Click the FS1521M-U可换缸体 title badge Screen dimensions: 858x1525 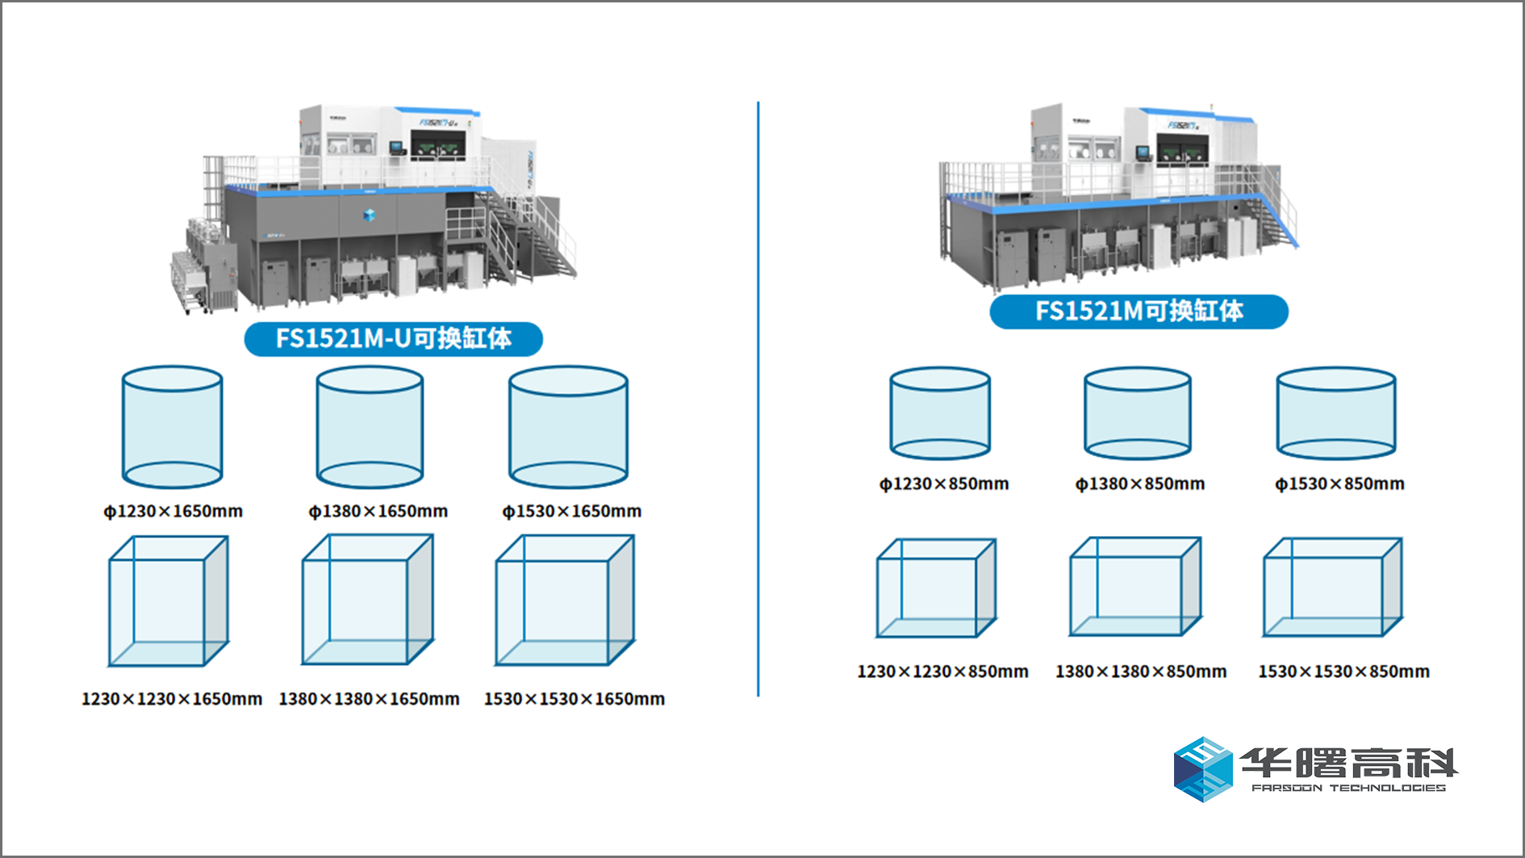click(393, 338)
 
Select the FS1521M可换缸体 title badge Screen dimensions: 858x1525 click(1139, 312)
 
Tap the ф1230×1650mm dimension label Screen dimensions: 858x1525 click(173, 512)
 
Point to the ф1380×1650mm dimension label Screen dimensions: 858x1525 click(378, 512)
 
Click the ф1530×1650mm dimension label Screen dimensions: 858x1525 click(571, 512)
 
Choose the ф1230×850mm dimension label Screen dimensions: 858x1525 click(944, 484)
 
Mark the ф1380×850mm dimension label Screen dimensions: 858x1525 click(1139, 484)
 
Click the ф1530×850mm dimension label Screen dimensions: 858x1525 click(1339, 484)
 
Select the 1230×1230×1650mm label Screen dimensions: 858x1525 click(172, 699)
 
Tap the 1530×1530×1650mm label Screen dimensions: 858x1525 click(574, 699)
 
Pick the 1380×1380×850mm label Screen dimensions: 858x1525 click(1141, 672)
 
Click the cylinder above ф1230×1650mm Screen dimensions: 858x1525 click(172, 427)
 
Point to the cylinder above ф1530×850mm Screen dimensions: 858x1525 click(1335, 413)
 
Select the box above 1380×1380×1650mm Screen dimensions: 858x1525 click(368, 600)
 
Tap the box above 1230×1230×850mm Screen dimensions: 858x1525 click(936, 588)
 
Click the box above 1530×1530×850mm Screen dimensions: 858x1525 click(1332, 587)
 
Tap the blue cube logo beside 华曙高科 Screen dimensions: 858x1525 click(1202, 768)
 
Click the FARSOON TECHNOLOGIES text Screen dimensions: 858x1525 click(1348, 788)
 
